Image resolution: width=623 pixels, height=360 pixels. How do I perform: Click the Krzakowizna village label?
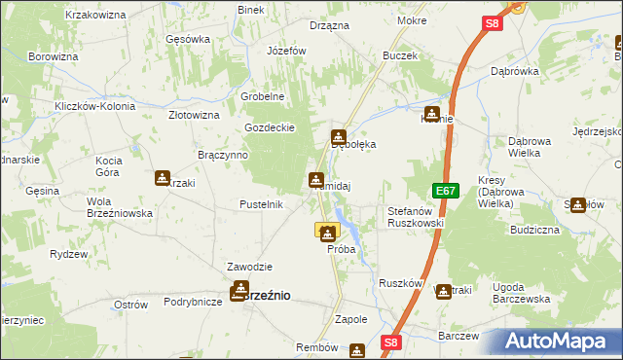[x=96, y=16]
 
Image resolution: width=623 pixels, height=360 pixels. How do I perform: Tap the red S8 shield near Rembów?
[x=390, y=342]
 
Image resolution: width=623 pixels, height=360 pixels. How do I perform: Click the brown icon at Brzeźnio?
[x=239, y=290]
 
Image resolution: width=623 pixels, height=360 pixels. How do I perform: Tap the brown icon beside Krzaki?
[x=162, y=178]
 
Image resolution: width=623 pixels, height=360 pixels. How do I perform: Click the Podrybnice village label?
[x=188, y=303]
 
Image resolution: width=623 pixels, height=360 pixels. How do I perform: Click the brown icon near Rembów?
[x=357, y=350]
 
